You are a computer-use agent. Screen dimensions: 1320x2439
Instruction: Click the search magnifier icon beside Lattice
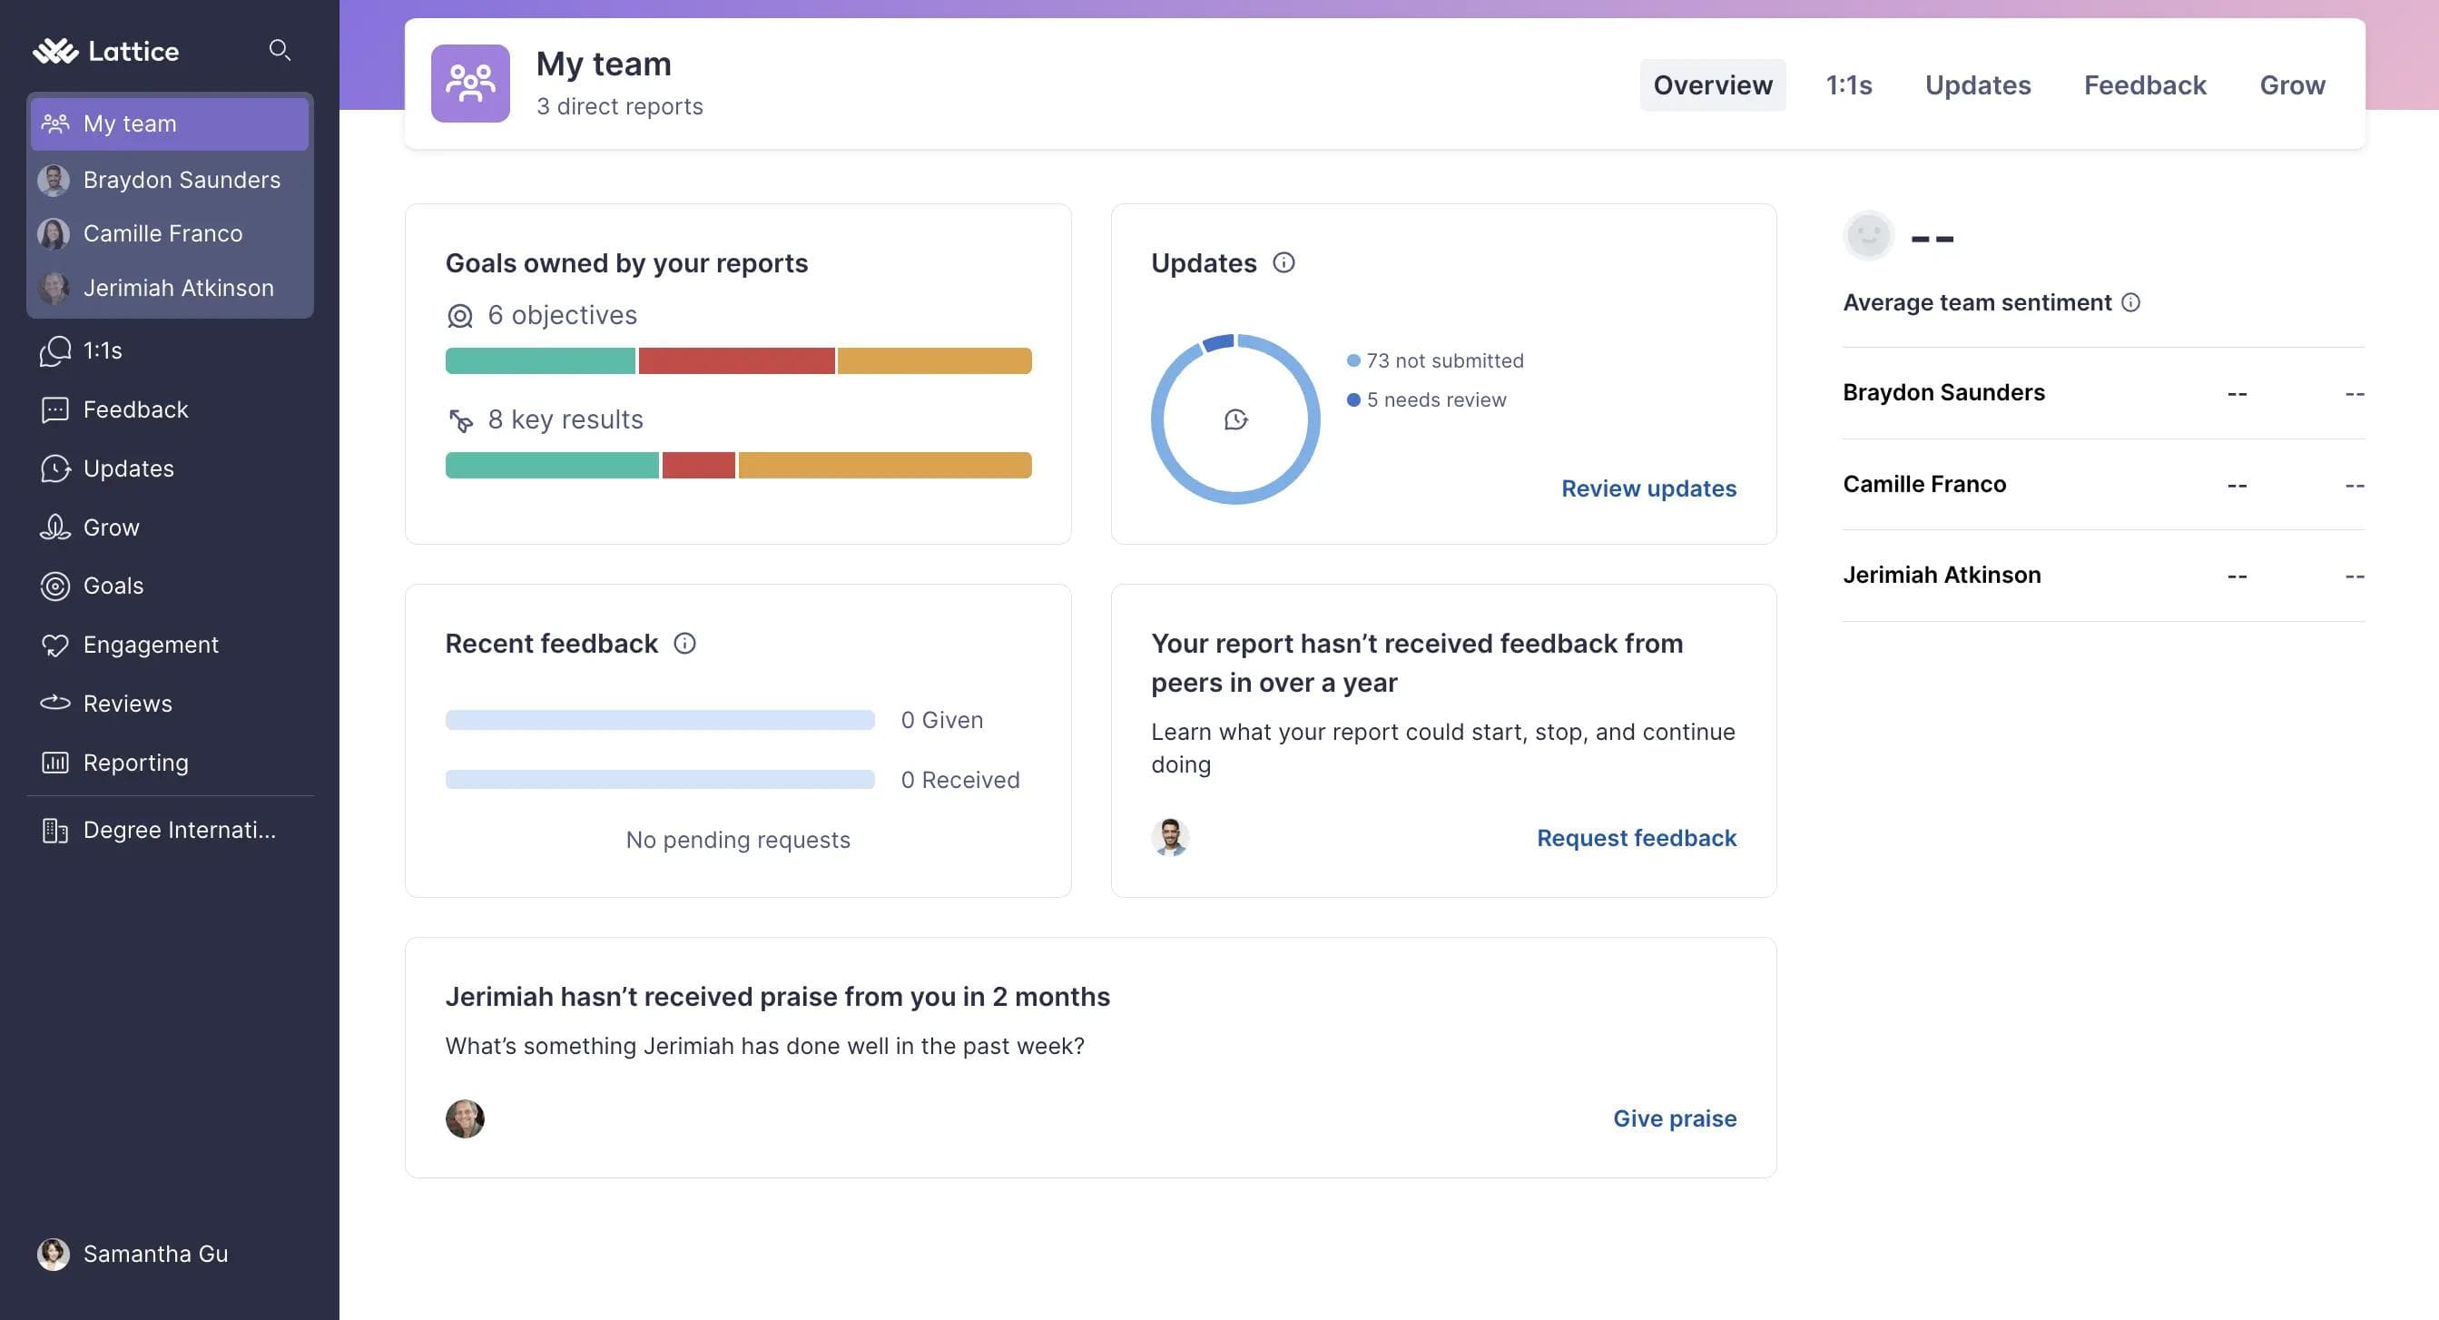point(280,49)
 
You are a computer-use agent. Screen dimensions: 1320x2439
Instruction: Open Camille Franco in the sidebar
point(162,233)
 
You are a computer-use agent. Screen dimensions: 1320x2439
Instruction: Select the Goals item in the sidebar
point(113,586)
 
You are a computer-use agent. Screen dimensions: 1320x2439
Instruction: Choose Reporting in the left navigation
point(135,763)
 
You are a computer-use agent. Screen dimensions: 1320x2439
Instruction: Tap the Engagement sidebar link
point(151,645)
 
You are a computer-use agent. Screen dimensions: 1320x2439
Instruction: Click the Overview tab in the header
point(1712,85)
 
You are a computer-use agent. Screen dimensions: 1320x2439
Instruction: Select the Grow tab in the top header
point(2291,85)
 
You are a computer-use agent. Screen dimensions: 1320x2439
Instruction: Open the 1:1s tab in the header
point(1848,85)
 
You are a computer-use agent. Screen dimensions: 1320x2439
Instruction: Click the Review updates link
point(1648,488)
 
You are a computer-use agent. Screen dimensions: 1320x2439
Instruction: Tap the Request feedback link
point(1636,838)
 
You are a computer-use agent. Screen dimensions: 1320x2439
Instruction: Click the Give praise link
point(1674,1118)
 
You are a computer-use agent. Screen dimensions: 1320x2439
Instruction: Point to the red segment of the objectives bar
point(737,360)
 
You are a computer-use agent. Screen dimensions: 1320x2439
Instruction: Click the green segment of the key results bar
point(552,465)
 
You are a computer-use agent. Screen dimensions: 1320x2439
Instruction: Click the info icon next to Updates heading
point(1283,263)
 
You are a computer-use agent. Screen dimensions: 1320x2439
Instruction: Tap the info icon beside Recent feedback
point(684,644)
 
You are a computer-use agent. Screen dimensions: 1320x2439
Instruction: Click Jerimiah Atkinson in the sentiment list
point(1941,576)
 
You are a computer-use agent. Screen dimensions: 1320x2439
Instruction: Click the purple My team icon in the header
point(470,84)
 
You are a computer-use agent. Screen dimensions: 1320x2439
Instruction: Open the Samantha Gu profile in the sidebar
point(154,1254)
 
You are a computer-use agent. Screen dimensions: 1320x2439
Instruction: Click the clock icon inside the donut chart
point(1235,419)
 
